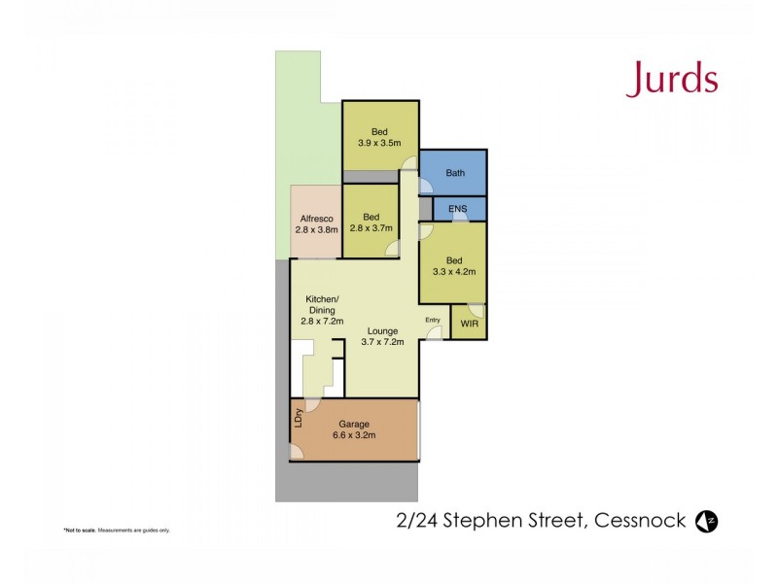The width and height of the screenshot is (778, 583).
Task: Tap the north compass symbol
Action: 707,521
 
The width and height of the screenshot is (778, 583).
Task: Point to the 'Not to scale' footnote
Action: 117,530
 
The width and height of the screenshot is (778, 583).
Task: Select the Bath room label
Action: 455,173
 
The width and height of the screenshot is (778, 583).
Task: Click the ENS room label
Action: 456,209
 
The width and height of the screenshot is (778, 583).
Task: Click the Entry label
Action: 432,320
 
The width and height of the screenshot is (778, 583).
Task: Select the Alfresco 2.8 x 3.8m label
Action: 315,224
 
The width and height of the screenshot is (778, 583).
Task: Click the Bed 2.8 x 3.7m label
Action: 371,223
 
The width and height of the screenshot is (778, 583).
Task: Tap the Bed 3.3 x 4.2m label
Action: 453,266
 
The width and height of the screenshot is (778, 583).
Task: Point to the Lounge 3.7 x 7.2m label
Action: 382,337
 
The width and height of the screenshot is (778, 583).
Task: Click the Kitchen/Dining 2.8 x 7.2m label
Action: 321,309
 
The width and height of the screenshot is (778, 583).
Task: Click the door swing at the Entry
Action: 434,333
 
